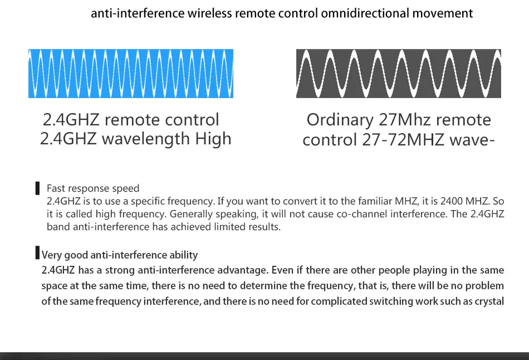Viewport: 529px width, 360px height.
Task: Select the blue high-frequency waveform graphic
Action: pyautogui.click(x=131, y=74)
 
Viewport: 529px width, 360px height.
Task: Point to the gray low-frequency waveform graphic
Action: pyautogui.click(x=399, y=74)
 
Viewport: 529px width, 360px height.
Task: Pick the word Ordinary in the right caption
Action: pyautogui.click(x=340, y=120)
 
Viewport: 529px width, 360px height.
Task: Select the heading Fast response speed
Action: pyautogui.click(x=93, y=188)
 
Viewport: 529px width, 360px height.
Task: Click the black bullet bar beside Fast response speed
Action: pyautogui.click(x=37, y=188)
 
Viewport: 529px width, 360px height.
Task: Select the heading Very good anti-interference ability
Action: pyautogui.click(x=120, y=255)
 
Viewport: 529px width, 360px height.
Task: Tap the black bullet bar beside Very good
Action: pyautogui.click(x=37, y=254)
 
